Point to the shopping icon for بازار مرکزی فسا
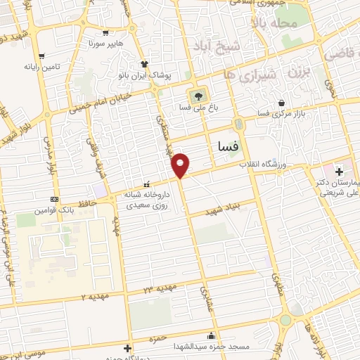(281, 102)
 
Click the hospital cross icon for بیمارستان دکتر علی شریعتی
(339, 171)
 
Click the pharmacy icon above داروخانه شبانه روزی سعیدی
(146, 185)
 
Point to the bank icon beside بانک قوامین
(55, 200)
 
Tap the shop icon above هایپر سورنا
(105, 32)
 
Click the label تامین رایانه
(41, 67)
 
